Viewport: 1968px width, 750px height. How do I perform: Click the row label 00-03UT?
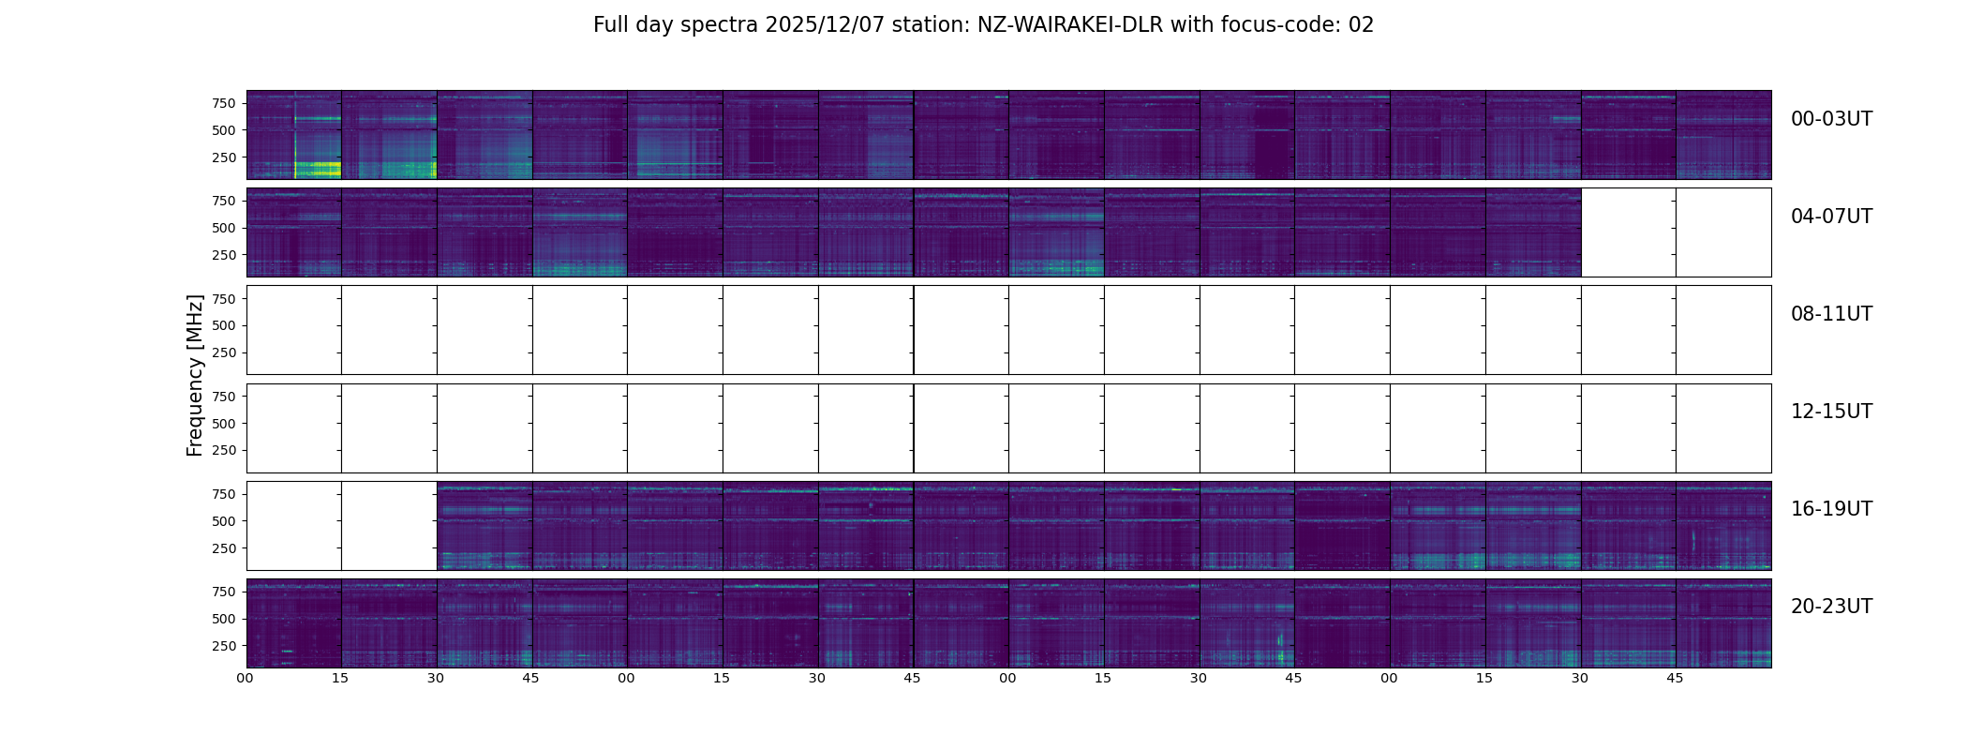pos(1831,119)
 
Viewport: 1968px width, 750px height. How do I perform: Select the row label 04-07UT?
pos(1831,217)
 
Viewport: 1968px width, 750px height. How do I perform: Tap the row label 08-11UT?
pos(1831,314)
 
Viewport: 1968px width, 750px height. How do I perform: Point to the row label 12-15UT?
pos(1831,412)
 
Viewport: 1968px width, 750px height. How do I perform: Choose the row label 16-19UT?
pos(1831,509)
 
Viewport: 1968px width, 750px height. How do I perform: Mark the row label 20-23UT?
pos(1831,607)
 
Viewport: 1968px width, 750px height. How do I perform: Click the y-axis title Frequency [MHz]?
pos(195,375)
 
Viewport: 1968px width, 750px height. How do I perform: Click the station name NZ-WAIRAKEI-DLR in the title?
pos(1070,25)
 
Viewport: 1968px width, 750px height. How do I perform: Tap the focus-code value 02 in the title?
pos(1361,25)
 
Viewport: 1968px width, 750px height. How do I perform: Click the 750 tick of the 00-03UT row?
pos(223,103)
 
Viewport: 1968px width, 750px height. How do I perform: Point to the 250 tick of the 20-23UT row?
pos(223,646)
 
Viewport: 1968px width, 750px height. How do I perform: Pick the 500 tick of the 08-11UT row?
pos(223,325)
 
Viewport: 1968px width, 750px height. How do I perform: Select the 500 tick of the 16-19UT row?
pos(223,521)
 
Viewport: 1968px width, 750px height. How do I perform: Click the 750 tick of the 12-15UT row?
pos(223,397)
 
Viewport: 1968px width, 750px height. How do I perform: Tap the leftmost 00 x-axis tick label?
pos(246,679)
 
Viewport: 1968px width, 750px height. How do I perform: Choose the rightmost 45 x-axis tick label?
pos(1675,679)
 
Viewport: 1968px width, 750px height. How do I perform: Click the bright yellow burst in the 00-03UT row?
pos(317,170)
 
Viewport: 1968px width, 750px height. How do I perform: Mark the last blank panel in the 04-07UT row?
pos(1723,232)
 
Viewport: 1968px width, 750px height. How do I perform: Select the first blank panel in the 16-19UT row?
pos(294,526)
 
